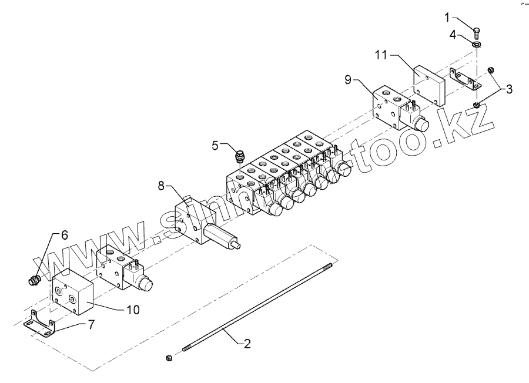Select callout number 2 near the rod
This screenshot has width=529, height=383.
tap(247, 345)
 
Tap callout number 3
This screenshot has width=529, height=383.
tap(509, 89)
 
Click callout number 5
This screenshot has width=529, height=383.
tap(215, 144)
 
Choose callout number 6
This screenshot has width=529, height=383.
tap(64, 234)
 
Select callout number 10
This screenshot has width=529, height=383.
tap(133, 309)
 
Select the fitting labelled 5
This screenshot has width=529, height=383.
tap(240, 157)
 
